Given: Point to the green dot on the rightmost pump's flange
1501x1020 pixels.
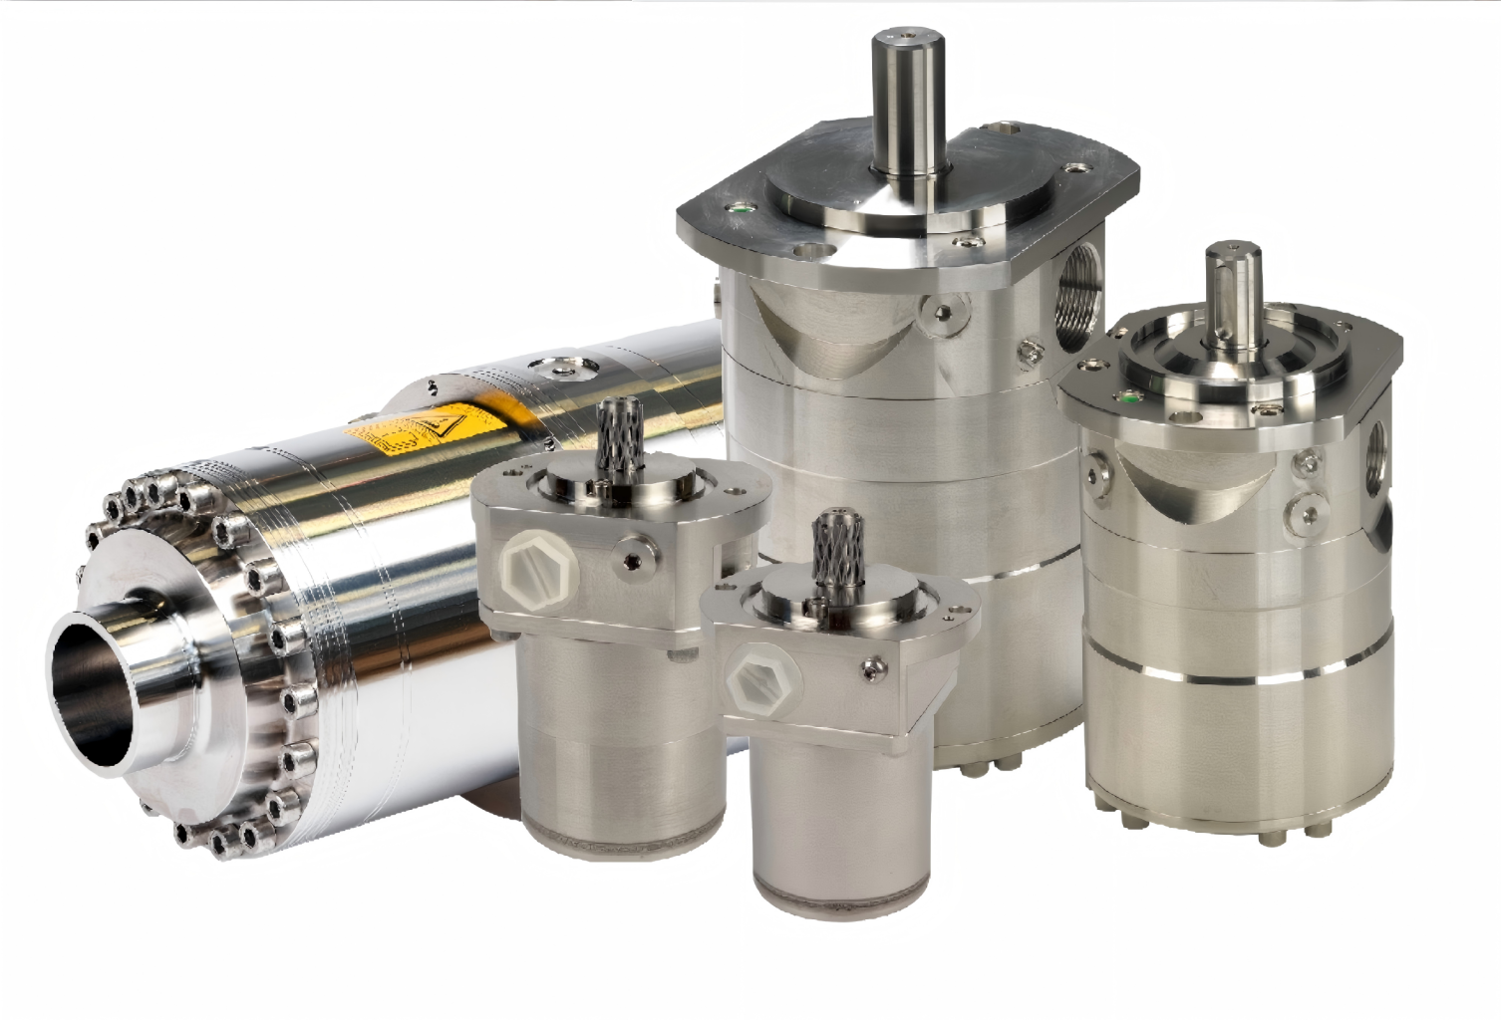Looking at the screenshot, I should point(1127,392).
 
